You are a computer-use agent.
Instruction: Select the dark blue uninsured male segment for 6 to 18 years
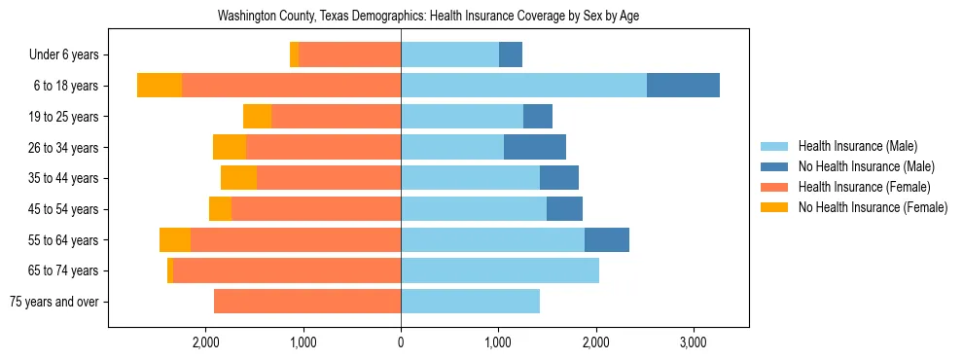(683, 86)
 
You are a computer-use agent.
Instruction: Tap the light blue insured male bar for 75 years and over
(470, 302)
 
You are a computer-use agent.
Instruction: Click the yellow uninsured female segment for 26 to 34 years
(230, 147)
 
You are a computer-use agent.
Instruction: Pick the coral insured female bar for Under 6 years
(349, 54)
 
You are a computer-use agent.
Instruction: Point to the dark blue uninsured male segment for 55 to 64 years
(607, 239)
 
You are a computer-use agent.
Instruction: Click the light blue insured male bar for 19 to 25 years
(462, 117)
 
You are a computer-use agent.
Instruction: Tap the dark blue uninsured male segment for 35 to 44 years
(559, 178)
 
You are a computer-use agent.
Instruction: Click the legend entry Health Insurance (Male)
(857, 146)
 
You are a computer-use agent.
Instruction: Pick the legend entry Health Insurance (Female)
(864, 187)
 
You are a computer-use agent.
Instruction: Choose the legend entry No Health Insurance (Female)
(872, 207)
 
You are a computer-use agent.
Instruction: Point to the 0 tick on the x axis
(401, 342)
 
